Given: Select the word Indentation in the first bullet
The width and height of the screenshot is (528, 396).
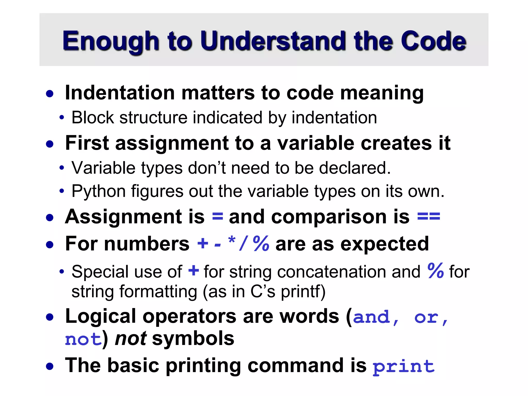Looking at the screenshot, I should click(120, 93).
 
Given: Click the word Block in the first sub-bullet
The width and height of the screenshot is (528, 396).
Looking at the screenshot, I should click(93, 118).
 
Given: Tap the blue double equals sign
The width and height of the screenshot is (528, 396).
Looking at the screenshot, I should click(428, 217).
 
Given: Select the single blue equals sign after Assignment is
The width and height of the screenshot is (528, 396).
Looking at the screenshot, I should click(217, 217).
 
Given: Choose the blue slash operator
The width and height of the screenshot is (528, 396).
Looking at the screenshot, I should click(243, 244).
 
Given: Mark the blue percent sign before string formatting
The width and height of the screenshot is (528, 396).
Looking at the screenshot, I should click(435, 271).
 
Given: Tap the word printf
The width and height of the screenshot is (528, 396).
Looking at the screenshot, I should click(303, 292).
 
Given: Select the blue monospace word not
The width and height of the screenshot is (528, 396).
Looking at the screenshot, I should click(83, 339).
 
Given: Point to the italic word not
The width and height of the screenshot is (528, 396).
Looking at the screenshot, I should click(131, 339).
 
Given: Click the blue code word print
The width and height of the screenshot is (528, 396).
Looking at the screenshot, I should click(403, 366).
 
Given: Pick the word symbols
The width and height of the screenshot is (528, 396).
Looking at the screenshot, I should click(193, 339).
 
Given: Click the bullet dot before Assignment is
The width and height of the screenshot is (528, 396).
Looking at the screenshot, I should click(49, 217).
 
